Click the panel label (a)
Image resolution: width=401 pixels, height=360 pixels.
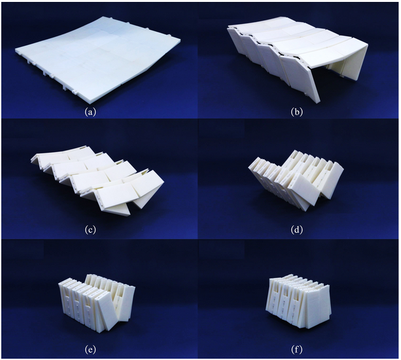[91, 112]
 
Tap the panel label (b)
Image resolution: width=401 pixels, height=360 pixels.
[297, 112]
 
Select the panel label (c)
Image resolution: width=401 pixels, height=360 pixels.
[90, 230]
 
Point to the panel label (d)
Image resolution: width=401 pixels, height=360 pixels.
[297, 230]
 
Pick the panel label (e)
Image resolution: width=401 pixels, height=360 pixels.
[90, 349]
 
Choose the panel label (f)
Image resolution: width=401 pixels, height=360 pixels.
[297, 349]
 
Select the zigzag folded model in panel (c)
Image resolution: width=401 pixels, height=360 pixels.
[97, 179]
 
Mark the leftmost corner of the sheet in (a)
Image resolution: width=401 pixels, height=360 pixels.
[15, 50]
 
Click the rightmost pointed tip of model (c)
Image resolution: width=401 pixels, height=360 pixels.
[164, 182]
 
